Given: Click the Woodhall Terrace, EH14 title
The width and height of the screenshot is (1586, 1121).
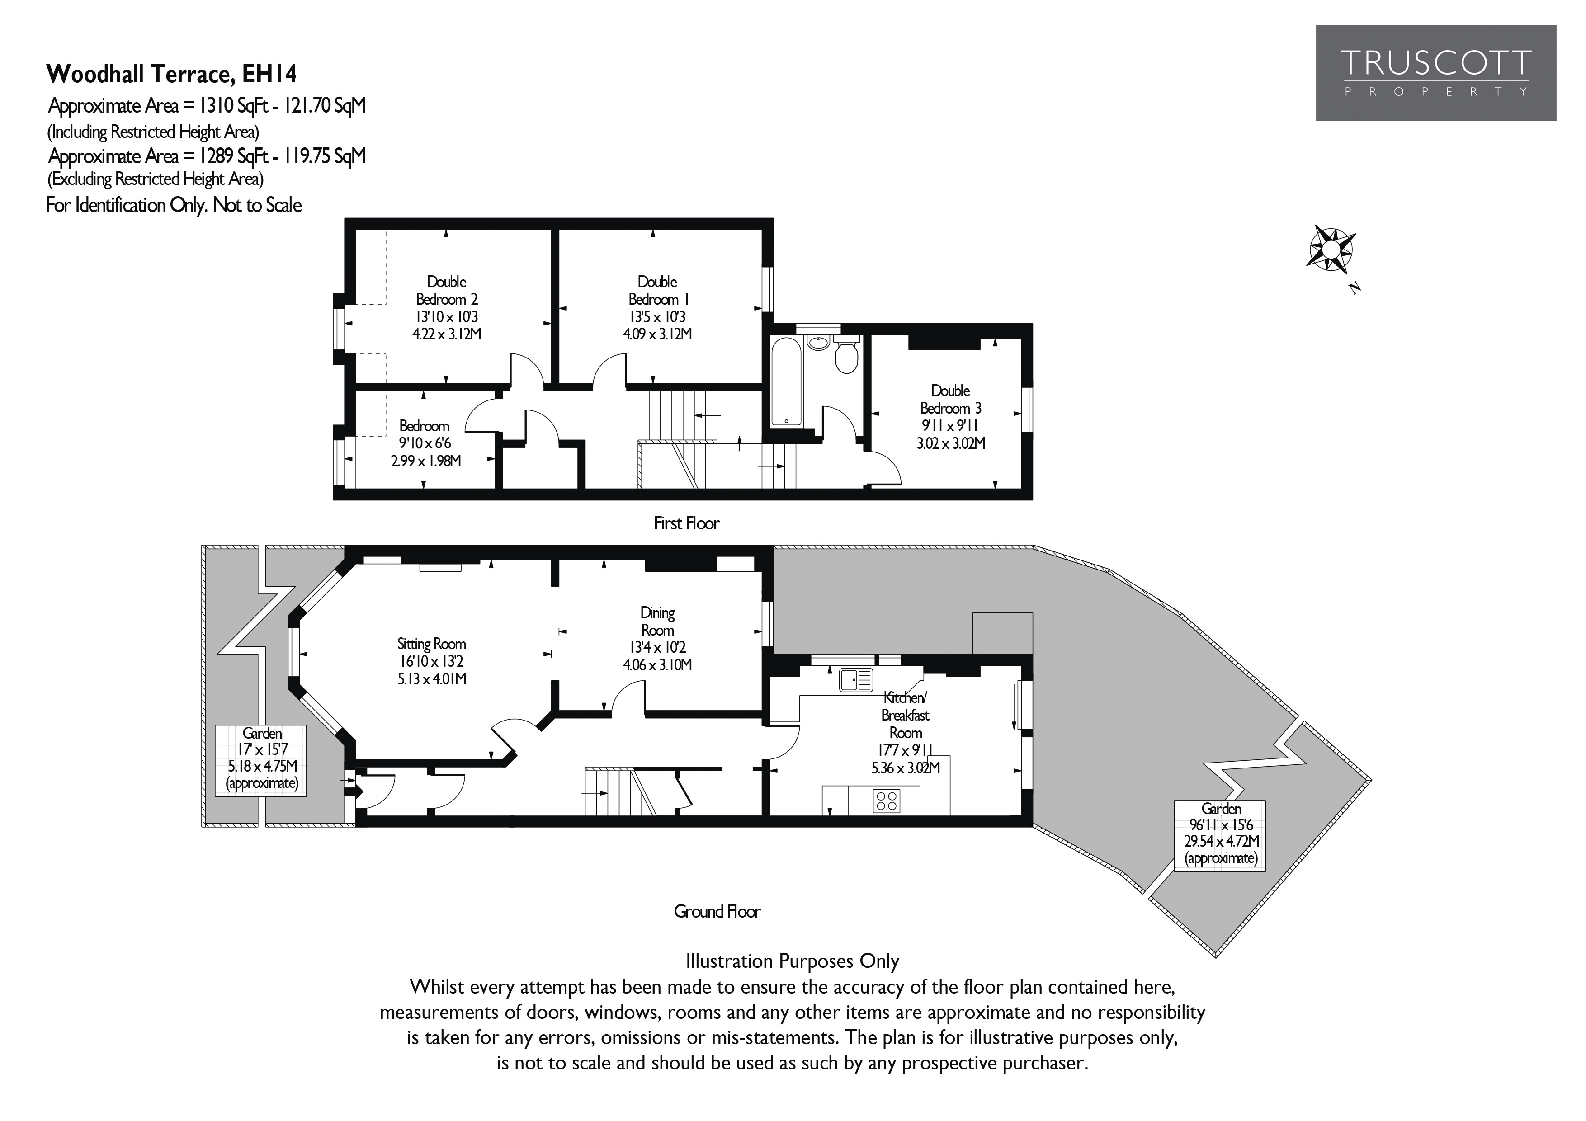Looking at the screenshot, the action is tap(171, 73).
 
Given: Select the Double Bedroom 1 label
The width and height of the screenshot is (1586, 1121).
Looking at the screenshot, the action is tap(657, 307).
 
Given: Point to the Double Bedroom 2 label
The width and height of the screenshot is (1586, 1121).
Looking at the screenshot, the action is tap(446, 307).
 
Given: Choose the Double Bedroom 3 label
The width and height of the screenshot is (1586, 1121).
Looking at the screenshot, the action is tap(950, 416).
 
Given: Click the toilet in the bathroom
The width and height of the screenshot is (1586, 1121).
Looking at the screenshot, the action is tap(846, 356).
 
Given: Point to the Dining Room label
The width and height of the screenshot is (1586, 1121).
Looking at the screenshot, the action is tap(657, 638).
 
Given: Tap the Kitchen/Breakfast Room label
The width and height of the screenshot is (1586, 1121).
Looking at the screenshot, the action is tap(906, 732).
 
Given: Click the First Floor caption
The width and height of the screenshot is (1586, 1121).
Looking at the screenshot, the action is tap(686, 523).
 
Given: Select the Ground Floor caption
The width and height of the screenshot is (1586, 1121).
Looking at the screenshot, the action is tap(717, 912).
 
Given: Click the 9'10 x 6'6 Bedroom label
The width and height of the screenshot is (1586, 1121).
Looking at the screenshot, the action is tap(424, 443).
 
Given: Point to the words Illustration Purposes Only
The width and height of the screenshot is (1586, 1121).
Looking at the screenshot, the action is tap(792, 961).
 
